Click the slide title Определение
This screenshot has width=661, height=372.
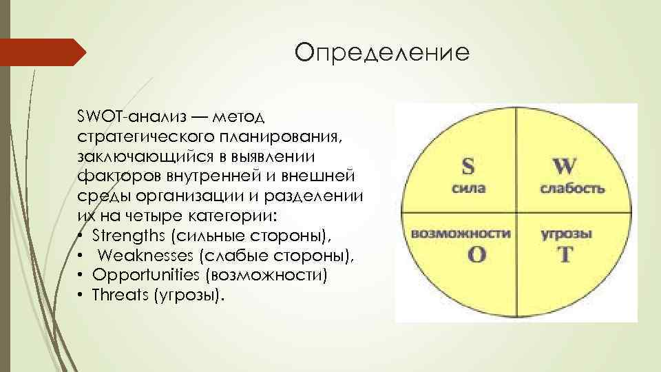click(x=381, y=53)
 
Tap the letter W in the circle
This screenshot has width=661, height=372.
click(x=565, y=166)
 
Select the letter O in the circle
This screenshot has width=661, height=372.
click(x=476, y=255)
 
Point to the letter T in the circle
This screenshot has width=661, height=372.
click(x=565, y=255)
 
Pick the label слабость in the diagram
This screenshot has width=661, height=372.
click(x=572, y=188)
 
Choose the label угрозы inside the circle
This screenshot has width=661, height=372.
click(x=566, y=234)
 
